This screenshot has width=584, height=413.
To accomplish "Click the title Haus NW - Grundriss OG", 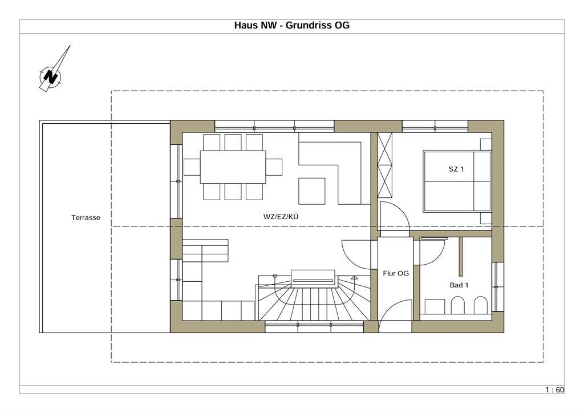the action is coord(291,25).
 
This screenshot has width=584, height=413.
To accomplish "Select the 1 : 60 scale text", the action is coord(554,390).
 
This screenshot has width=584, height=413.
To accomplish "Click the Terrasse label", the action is coord(86,217).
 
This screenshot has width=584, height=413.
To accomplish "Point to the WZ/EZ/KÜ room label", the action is coord(281,216).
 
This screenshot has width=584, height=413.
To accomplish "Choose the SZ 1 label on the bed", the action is coord(456,169).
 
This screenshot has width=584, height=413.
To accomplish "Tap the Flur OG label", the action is coord(396,273).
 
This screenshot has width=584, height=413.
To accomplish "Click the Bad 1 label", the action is coord(459,285).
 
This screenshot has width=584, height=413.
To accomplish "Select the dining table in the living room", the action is coord(233,167).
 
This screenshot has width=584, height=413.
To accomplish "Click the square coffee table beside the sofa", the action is coord(312,191).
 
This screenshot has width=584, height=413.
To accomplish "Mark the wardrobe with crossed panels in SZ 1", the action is coord(385,165).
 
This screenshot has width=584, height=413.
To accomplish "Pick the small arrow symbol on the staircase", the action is coord(354,277).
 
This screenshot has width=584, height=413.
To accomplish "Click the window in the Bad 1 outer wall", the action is coord(497,287).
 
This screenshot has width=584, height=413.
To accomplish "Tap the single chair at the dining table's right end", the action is coord(274,167).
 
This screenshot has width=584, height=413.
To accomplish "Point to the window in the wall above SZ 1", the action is coord(435,126).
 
